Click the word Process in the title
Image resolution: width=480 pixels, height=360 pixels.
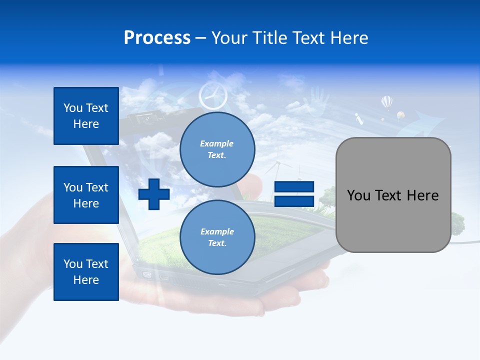click(157, 38)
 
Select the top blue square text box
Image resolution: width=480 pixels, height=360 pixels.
click(86, 116)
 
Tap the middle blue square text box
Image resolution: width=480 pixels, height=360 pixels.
click(86, 195)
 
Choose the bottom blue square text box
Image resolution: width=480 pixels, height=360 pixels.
click(86, 271)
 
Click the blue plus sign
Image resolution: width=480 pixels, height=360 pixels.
click(154, 194)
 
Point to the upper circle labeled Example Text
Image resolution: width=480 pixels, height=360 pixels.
click(217, 149)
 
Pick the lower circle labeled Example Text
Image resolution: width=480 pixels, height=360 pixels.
click(217, 237)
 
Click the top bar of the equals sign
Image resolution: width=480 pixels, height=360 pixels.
click(294, 187)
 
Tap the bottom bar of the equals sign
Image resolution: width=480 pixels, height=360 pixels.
click(294, 201)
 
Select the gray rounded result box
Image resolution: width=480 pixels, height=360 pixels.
click(393, 195)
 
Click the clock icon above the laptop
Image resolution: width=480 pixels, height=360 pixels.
click(213, 95)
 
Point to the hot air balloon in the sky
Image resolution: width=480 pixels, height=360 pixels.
click(386, 102)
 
